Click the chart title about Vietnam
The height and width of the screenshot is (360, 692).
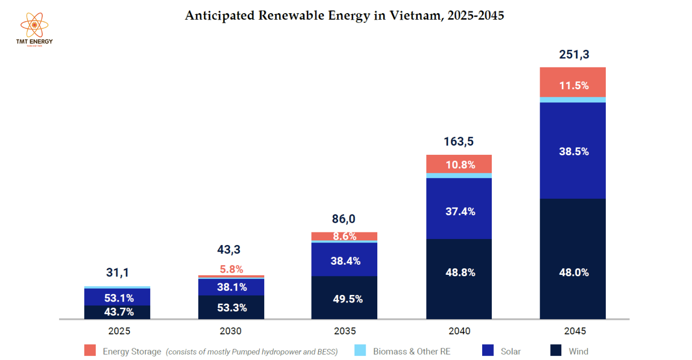click(344, 16)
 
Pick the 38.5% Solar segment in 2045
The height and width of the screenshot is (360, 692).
click(573, 151)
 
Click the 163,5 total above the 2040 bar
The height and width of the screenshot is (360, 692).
click(459, 142)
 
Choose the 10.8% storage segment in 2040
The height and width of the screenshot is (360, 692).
click(459, 164)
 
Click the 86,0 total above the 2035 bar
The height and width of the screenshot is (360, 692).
click(344, 219)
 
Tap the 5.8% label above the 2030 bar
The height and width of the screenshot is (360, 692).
click(232, 269)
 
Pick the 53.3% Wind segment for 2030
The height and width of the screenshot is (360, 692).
click(232, 307)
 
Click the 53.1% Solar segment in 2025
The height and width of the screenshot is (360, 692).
click(118, 297)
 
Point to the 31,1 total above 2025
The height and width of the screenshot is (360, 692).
click(118, 273)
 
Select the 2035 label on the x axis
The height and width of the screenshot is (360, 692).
click(344, 331)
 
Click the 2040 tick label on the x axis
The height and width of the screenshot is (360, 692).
click(459, 331)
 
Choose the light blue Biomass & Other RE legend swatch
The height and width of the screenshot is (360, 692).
click(360, 350)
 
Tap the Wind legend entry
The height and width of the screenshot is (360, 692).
click(569, 351)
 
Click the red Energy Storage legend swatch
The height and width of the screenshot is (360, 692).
click(90, 350)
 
